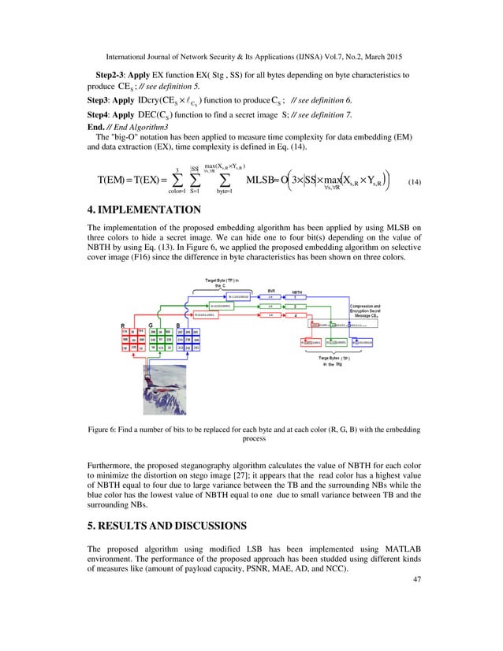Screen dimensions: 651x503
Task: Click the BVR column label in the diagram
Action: (x=271, y=289)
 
